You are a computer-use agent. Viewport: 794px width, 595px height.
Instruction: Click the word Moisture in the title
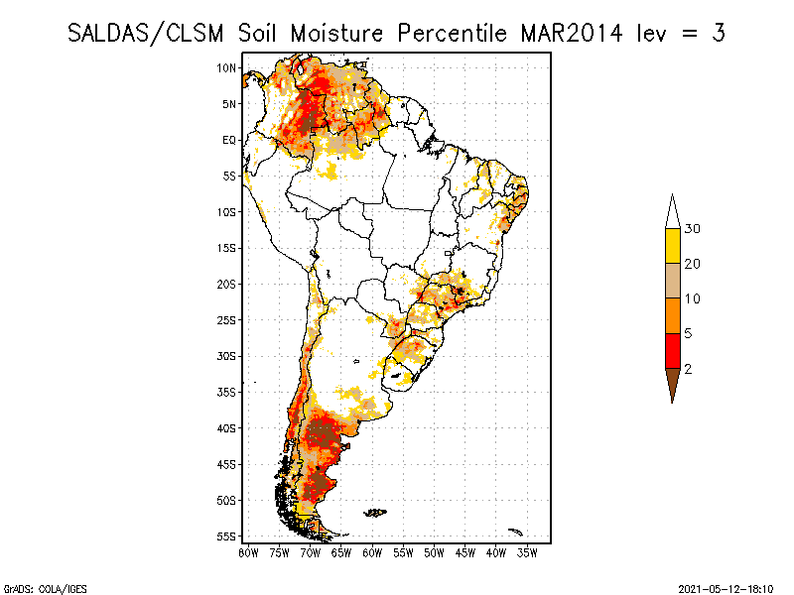coord(336,34)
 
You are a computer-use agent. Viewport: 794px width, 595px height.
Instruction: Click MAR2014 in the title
coord(572,34)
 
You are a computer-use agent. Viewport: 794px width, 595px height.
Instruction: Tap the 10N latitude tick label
coord(226,67)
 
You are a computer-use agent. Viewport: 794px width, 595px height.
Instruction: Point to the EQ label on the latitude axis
coord(229,140)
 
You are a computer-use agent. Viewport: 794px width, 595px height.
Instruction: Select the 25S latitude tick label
coord(226,320)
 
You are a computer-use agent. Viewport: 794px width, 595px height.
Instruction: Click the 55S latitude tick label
coord(226,536)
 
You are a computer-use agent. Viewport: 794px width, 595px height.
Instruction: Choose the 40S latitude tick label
coord(226,428)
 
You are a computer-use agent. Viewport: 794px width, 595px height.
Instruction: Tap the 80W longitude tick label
coord(249,553)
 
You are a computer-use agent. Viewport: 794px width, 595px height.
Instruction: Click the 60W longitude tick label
coord(372,553)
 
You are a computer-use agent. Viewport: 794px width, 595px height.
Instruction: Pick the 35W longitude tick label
coord(527,553)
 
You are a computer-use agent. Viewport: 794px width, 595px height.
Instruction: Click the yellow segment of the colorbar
coord(673,246)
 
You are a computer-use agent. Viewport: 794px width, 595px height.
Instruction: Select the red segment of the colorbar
coord(673,351)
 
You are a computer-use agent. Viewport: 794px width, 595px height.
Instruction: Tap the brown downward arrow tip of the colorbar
coord(673,403)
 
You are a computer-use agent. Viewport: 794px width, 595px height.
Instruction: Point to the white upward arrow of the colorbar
coord(673,212)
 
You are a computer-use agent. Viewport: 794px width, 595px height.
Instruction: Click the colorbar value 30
coord(692,229)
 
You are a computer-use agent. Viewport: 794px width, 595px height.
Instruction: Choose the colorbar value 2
coord(688,369)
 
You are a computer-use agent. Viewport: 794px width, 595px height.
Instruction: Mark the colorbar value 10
coord(692,298)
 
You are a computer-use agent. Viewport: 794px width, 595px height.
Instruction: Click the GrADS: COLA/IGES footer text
coord(45,589)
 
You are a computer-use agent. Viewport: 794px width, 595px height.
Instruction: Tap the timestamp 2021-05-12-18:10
coord(726,589)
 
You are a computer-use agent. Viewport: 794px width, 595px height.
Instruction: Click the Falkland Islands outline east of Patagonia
coord(375,513)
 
